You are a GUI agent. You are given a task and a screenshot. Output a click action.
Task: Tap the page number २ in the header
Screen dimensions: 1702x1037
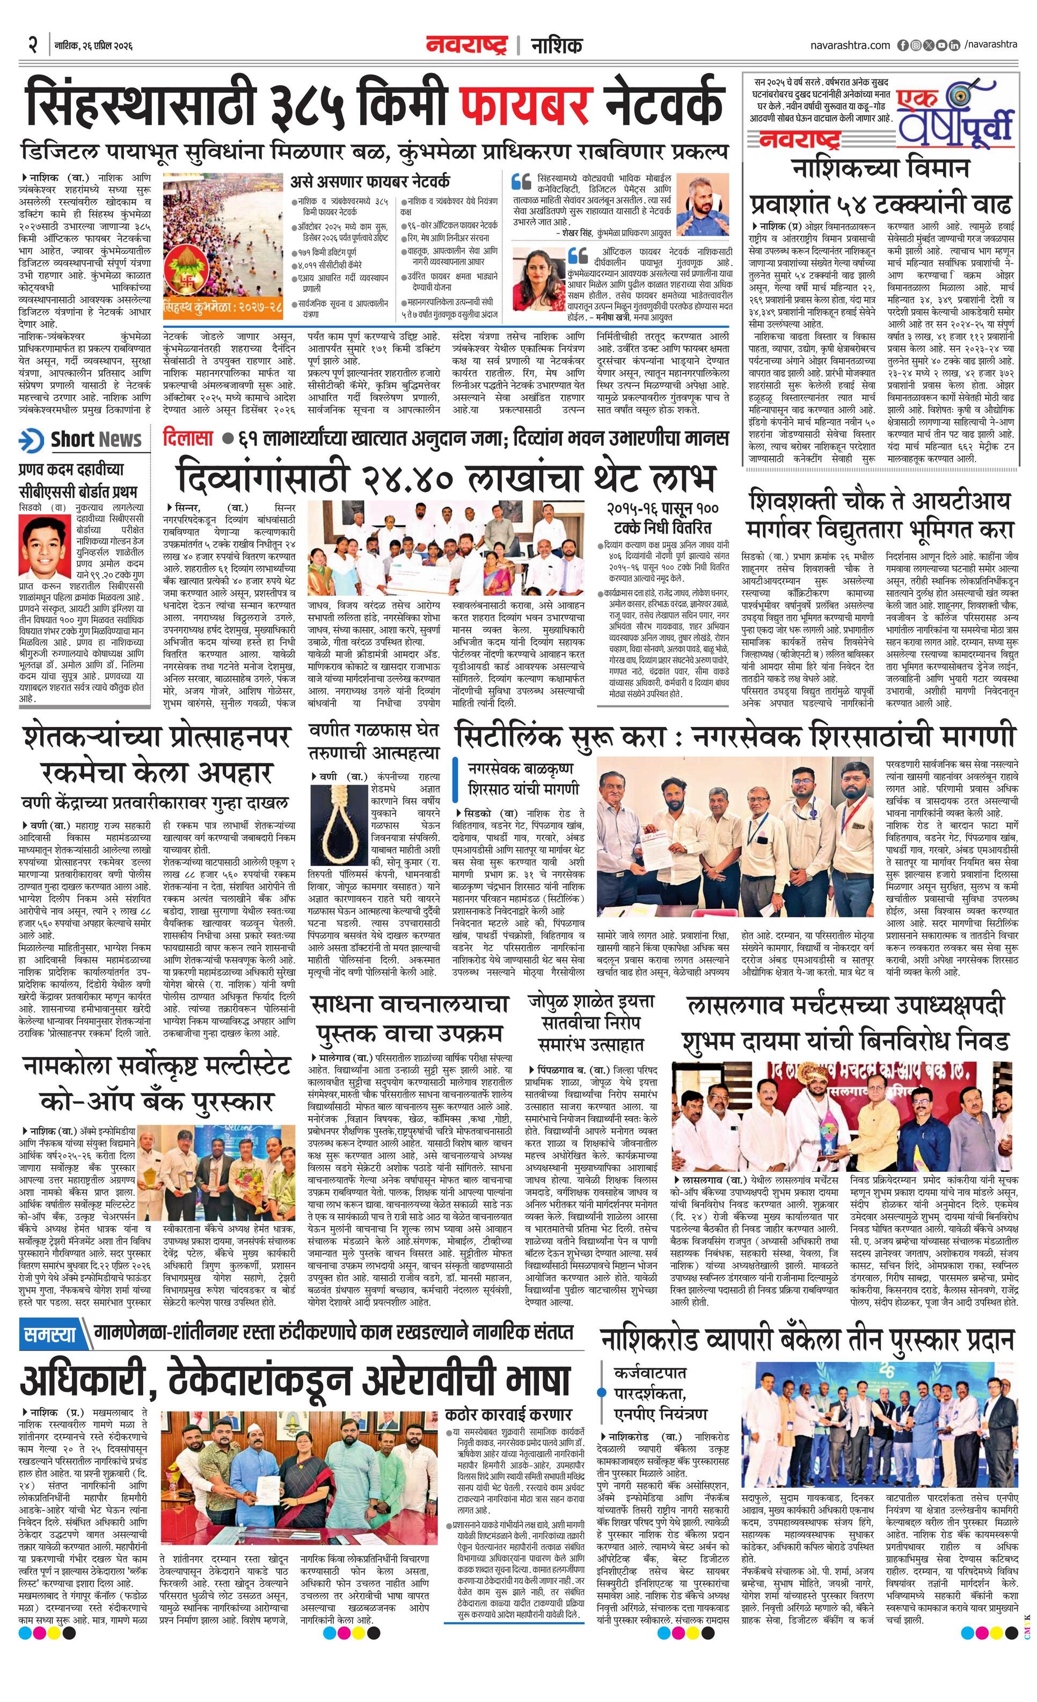(x=32, y=46)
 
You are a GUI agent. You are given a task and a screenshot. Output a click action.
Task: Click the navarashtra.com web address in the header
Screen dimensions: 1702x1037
(x=850, y=46)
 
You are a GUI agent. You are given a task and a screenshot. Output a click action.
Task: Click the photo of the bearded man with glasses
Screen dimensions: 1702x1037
(x=703, y=204)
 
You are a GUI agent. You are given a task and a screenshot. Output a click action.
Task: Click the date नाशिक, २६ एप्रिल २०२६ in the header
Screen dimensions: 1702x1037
(x=93, y=46)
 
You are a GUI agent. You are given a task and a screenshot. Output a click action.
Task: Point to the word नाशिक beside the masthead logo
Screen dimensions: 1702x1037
(x=556, y=46)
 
